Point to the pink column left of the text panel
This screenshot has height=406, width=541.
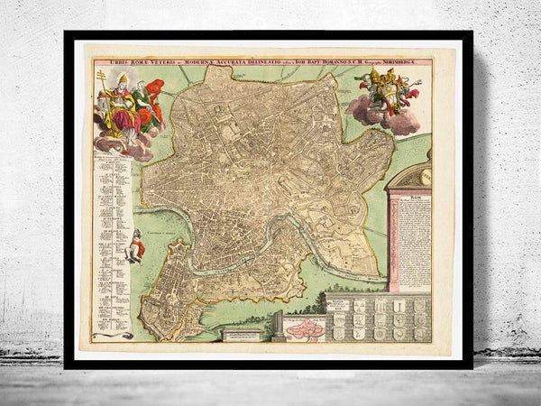(x=393, y=239)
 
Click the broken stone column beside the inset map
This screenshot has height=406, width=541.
(x=278, y=325)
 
